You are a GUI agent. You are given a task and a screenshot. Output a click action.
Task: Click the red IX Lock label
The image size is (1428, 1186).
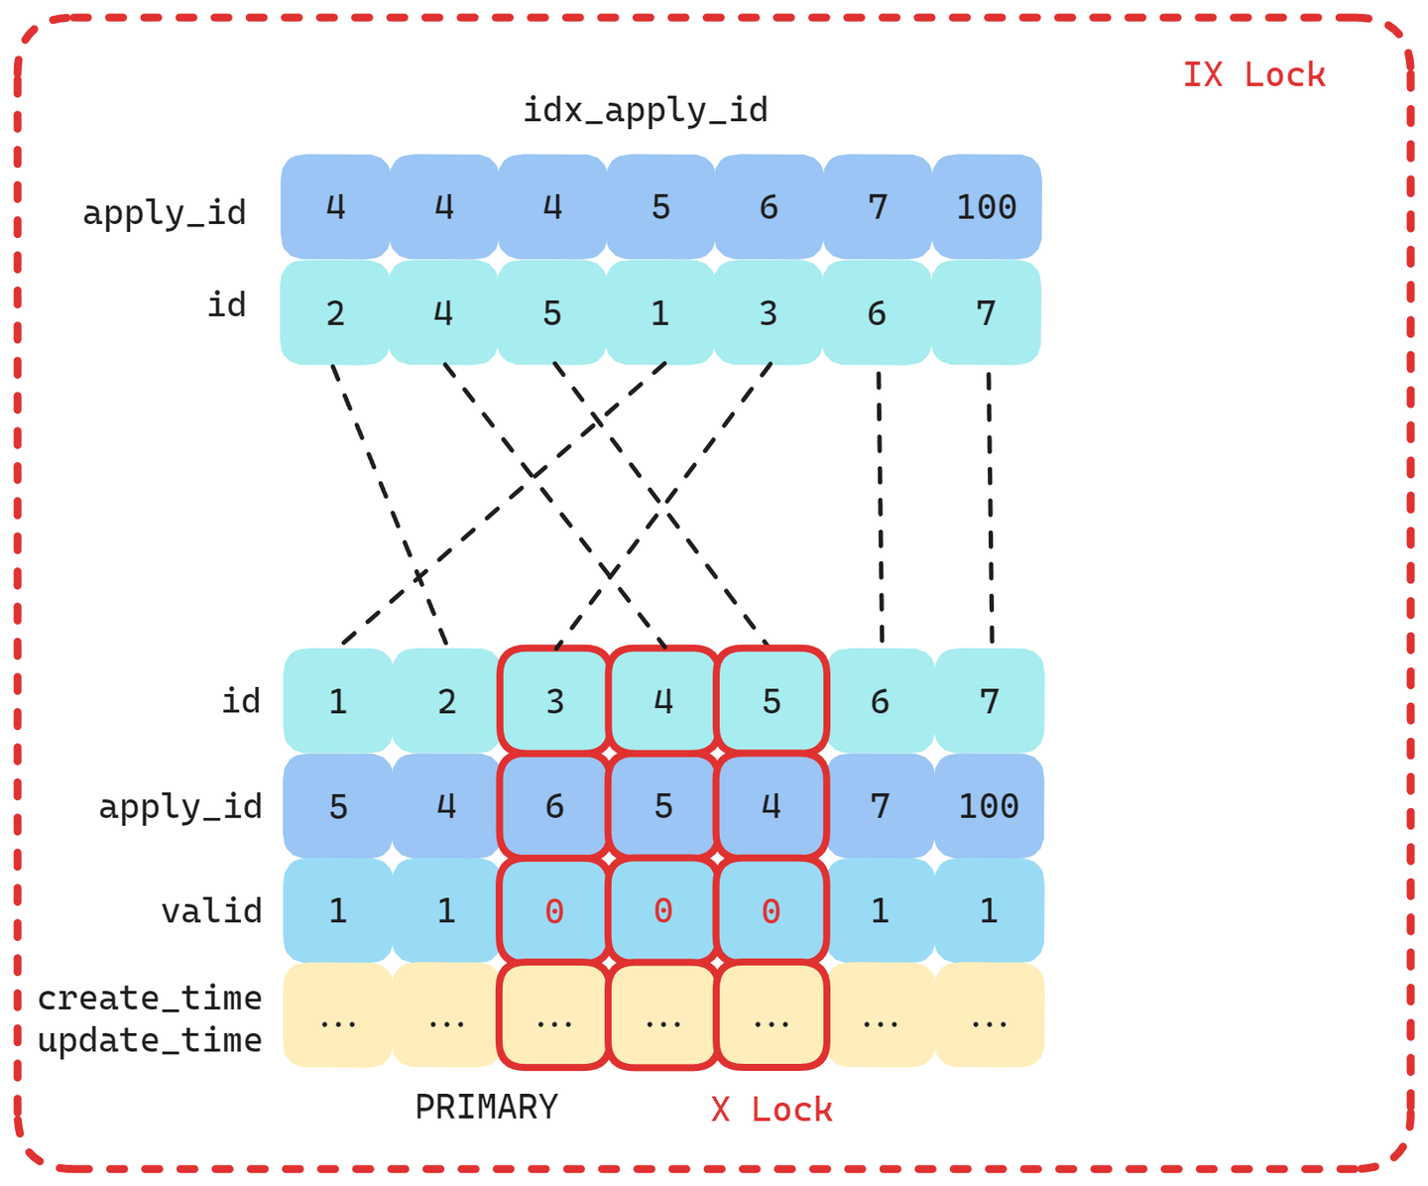click(1253, 75)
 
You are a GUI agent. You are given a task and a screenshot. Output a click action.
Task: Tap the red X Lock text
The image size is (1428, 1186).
click(772, 1110)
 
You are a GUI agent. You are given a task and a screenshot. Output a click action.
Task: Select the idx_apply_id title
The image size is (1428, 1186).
click(645, 110)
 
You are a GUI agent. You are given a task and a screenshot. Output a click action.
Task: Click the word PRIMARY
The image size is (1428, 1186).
click(486, 1107)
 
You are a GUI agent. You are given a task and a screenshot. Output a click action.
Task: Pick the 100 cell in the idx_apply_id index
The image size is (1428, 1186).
click(987, 207)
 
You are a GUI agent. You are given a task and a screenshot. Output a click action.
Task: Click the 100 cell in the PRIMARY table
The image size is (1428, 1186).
click(989, 806)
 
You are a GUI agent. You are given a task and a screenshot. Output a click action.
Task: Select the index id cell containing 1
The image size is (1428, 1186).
click(660, 313)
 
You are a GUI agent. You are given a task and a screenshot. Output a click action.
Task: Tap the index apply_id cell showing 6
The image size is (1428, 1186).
click(769, 207)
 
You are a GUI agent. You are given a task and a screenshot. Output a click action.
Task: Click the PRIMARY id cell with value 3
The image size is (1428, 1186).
click(554, 701)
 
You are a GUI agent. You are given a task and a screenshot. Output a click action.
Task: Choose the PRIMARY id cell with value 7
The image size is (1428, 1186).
click(989, 701)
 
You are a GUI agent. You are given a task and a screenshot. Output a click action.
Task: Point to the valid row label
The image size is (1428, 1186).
click(211, 910)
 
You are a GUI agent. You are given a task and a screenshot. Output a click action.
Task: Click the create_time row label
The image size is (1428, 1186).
click(150, 998)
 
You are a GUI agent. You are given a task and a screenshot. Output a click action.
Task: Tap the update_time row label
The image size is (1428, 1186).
click(150, 1040)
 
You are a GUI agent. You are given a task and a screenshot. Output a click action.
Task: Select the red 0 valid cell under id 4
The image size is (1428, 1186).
click(662, 910)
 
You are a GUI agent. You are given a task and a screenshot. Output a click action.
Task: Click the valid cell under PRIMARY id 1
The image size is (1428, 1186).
click(338, 910)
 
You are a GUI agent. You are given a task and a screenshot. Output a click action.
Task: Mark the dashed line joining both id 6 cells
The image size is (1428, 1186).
click(881, 506)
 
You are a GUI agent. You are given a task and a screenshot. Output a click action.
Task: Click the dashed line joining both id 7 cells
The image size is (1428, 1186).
click(990, 506)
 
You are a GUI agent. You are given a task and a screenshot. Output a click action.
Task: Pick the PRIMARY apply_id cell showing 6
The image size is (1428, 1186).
click(554, 806)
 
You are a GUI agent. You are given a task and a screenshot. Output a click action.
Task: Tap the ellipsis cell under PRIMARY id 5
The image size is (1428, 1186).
click(772, 1016)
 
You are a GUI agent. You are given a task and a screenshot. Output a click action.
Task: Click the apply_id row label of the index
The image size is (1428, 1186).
click(164, 212)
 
